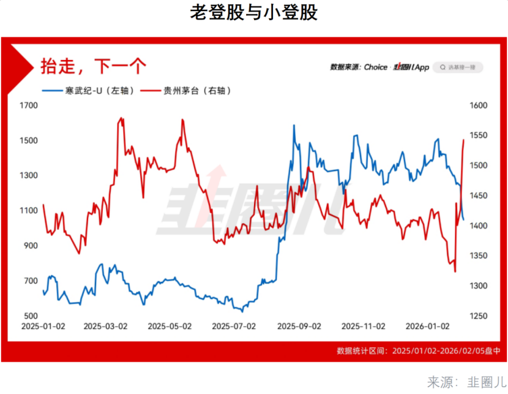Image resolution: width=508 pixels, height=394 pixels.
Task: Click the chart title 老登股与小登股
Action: tap(253, 13)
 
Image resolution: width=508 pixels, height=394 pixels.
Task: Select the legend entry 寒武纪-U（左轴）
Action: tap(88, 91)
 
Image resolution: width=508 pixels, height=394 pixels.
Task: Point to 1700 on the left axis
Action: tap(29, 105)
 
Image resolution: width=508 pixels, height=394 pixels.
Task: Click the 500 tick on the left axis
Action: tap(31, 316)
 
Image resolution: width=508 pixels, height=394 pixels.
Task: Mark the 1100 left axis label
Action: tap(29, 211)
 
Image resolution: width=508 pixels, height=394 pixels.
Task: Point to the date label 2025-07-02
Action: tap(233, 327)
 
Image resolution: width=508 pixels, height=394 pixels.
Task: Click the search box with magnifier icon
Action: tap(458, 67)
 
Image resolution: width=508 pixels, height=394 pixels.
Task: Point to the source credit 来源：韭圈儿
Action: tap(464, 382)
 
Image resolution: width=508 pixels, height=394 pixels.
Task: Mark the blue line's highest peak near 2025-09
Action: tap(294, 125)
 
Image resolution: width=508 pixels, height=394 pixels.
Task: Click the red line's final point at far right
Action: tap(464, 140)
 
